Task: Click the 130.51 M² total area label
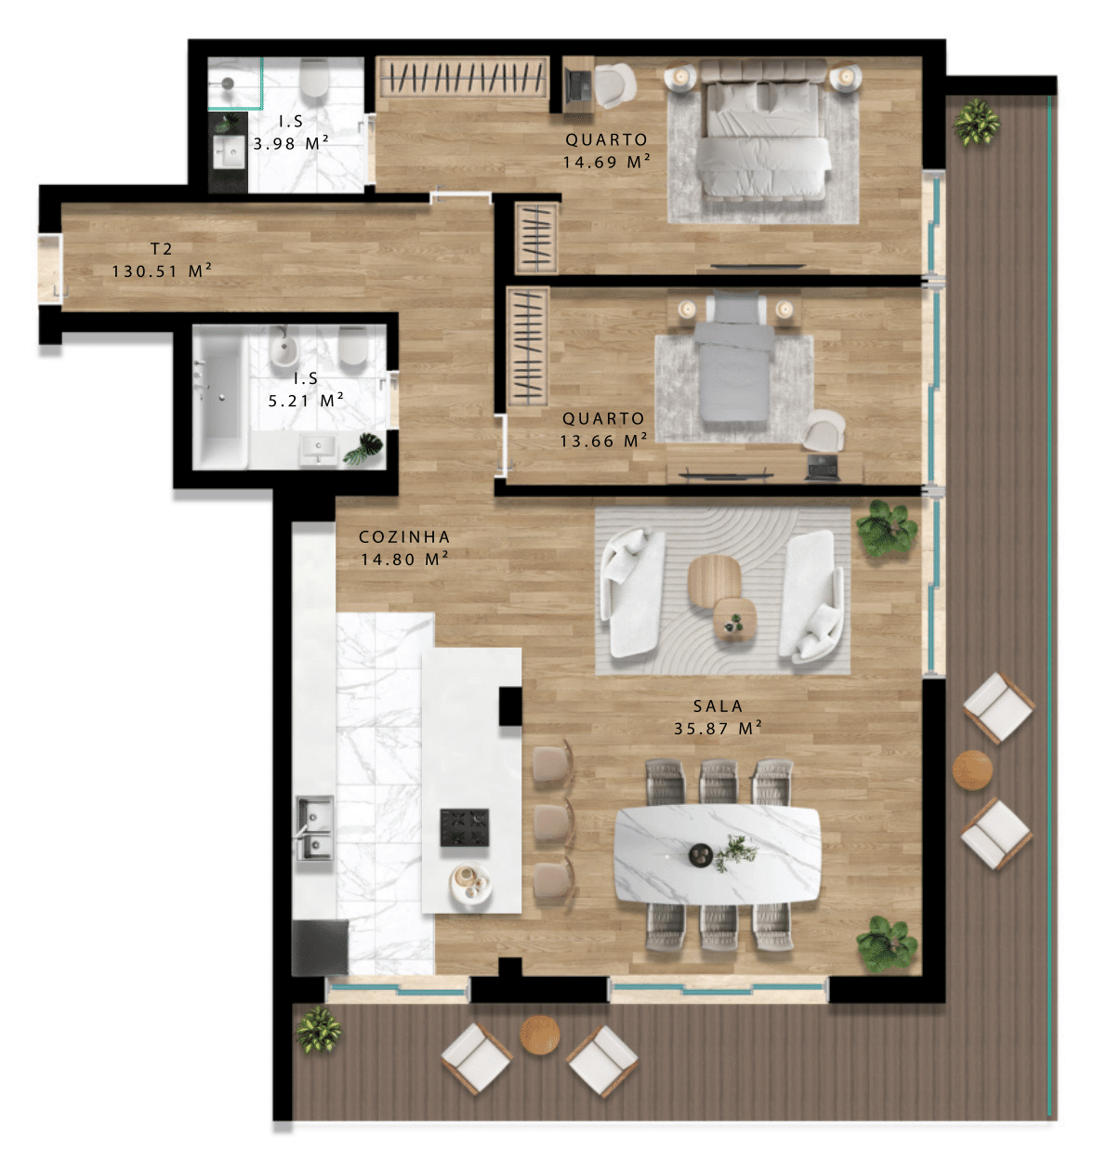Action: click(x=162, y=271)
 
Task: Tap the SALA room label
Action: click(x=719, y=706)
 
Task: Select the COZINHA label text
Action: click(x=404, y=536)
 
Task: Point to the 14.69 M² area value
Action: click(x=606, y=162)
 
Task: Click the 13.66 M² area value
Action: click(x=603, y=441)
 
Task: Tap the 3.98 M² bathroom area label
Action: click(x=290, y=142)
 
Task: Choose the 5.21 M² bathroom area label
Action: click(x=306, y=400)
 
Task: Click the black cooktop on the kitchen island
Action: click(x=465, y=827)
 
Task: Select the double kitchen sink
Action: click(x=314, y=828)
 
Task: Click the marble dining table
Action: click(x=718, y=854)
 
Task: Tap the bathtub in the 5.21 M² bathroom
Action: click(x=220, y=398)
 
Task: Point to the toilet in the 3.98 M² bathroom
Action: click(x=314, y=78)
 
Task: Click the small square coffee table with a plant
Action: click(x=735, y=619)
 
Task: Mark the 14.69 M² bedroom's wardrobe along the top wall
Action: click(x=462, y=76)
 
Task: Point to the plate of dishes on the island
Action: click(x=470, y=882)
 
